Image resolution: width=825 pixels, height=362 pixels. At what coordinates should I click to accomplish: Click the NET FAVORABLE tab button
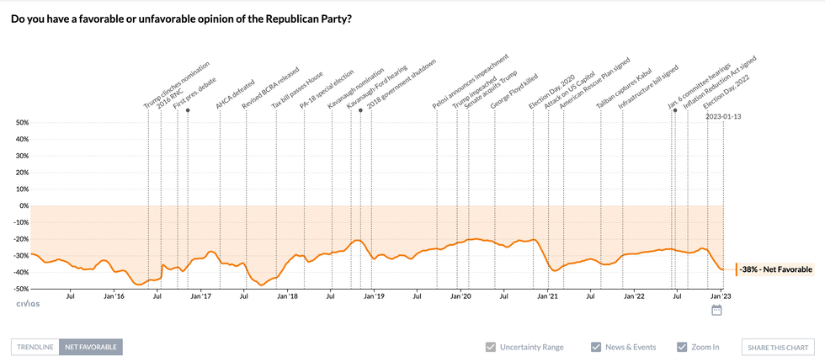click(91, 347)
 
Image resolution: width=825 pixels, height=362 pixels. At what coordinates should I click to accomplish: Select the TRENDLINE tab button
click(35, 347)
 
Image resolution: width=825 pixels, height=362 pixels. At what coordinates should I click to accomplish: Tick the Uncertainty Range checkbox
click(491, 347)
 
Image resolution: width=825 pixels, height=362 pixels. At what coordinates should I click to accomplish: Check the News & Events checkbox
click(596, 347)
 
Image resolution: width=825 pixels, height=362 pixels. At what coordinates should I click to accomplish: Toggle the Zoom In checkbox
click(682, 347)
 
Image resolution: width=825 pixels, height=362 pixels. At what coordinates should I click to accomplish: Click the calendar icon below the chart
click(717, 311)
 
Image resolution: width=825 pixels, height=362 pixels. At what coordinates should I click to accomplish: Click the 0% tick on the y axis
click(23, 205)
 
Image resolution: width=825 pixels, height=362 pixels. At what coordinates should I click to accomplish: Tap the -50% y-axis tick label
click(19, 289)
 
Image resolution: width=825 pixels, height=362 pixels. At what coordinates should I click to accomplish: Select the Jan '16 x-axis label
click(114, 296)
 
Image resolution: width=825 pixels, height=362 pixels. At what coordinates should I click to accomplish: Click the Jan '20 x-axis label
click(460, 296)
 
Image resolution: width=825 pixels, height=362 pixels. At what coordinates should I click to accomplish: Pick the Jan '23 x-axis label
click(721, 296)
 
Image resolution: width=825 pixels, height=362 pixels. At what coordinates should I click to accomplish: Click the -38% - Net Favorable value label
click(776, 269)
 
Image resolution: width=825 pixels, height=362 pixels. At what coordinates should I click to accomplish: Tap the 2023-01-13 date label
click(723, 116)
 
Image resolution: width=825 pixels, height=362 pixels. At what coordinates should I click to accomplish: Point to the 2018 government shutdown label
click(403, 84)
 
